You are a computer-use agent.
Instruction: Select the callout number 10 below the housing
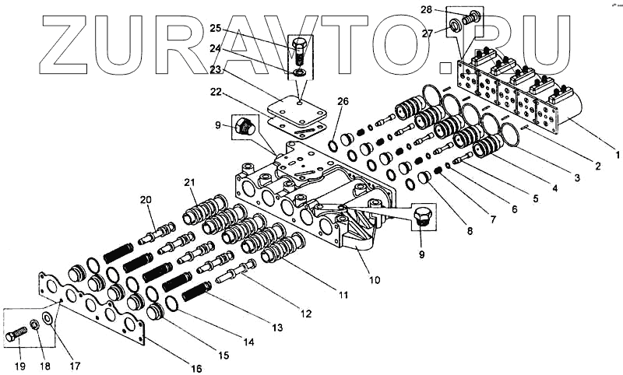coord(375,279)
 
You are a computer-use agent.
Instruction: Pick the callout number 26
coord(343,101)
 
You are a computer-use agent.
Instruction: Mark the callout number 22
coord(215,91)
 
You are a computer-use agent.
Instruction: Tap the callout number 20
coord(146,200)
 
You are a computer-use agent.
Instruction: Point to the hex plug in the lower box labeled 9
coord(423,218)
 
